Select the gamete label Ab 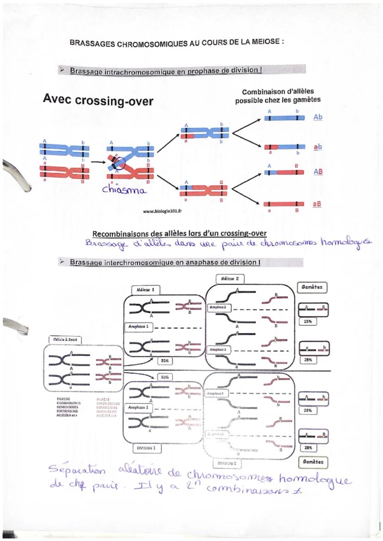tap(318, 117)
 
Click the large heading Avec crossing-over tap(98, 100)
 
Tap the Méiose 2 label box tap(230, 279)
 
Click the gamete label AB tap(318, 171)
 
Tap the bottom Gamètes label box tap(320, 461)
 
